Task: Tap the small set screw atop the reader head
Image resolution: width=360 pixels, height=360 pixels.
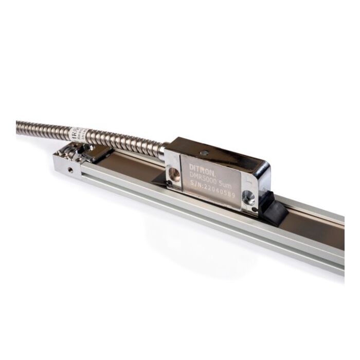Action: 205,152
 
